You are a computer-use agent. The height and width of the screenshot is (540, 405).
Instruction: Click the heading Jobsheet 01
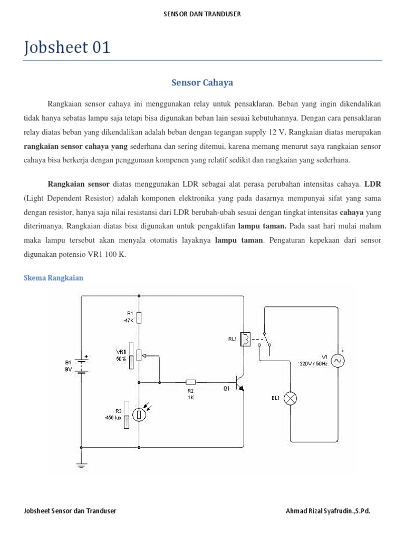point(67,47)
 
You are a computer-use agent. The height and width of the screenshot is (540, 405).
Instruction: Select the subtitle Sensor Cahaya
point(202,83)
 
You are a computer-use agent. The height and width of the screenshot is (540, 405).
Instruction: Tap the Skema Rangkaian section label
point(54,278)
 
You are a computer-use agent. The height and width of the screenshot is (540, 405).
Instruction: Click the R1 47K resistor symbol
point(139,317)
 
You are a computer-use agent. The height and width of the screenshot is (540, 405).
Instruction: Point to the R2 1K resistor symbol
point(191,382)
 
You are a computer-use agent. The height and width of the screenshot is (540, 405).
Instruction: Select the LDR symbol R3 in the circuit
point(139,414)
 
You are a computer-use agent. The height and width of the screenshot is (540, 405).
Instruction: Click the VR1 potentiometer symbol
point(139,355)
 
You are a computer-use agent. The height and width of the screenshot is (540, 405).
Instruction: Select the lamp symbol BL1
point(291,398)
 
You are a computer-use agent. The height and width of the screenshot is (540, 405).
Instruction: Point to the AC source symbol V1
point(336,360)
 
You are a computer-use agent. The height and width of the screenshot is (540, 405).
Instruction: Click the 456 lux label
point(114,418)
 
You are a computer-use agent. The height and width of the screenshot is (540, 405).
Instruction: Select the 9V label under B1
point(68,369)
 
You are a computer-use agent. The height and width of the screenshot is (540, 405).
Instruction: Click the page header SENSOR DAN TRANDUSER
point(202,14)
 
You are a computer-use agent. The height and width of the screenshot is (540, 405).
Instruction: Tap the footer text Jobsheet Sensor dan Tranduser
point(70,511)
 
